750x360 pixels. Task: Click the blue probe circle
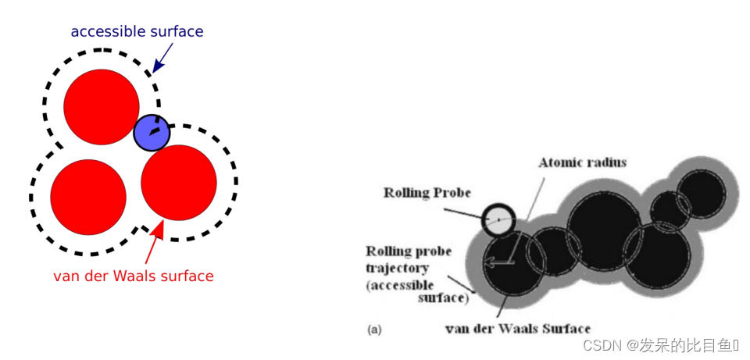[152, 133]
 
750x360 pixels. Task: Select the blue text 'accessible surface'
[137, 32]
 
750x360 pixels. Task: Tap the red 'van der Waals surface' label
[134, 276]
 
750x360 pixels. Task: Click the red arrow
[153, 243]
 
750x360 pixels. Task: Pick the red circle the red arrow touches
[178, 182]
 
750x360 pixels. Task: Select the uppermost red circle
[101, 107]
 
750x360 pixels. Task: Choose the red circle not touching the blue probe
[88, 197]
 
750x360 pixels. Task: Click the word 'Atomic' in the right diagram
[559, 162]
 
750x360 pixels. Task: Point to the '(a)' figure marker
[374, 330]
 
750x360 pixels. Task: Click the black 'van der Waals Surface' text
[517, 328]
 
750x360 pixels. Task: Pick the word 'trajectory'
[398, 268]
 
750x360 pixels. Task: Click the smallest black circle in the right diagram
[670, 212]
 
